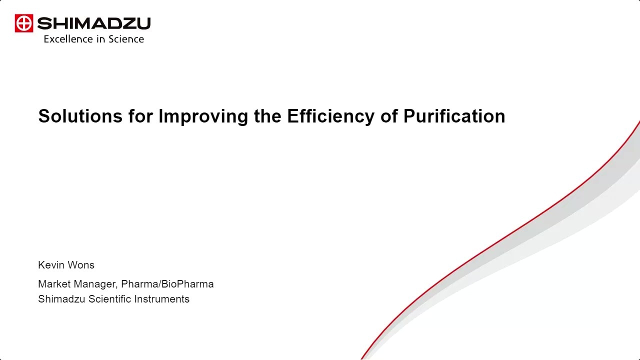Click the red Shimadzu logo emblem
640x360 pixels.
point(23,23)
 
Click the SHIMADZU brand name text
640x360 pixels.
point(94,23)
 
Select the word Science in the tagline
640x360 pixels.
point(126,39)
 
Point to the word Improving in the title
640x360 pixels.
point(203,116)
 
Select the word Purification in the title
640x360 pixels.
point(454,116)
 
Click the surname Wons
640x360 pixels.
point(81,265)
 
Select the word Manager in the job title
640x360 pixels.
point(95,284)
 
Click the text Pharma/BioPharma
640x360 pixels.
point(167,284)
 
